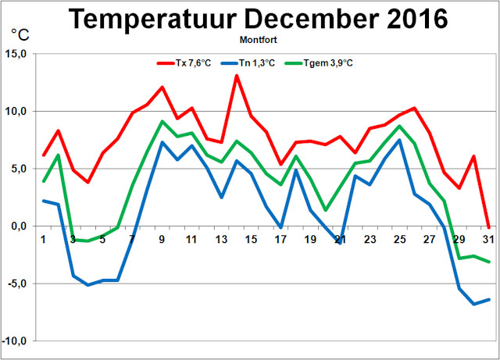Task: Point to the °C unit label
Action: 22,34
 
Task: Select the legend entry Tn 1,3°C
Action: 257,63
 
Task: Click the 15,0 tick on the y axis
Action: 17,54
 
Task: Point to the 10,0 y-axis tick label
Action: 17,112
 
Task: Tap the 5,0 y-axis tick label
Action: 20,169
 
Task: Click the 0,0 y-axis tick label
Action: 20,226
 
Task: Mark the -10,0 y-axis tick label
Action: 16,341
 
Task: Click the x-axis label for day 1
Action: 43,239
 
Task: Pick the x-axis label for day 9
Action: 162,239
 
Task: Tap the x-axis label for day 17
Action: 280,239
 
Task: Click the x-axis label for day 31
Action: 488,239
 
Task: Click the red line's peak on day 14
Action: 236,76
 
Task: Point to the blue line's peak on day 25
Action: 399,141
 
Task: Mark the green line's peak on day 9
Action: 162,122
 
